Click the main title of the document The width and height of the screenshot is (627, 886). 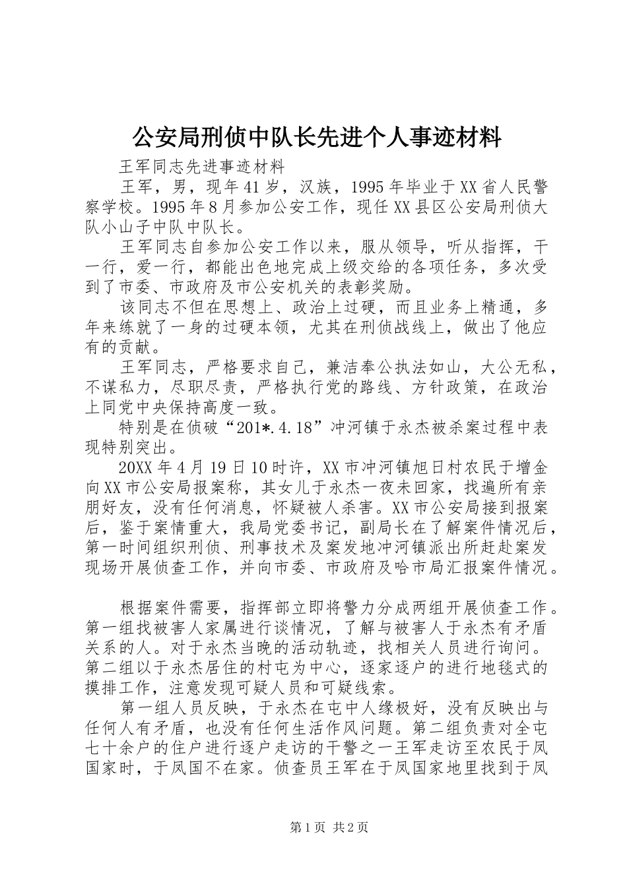click(x=317, y=137)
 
